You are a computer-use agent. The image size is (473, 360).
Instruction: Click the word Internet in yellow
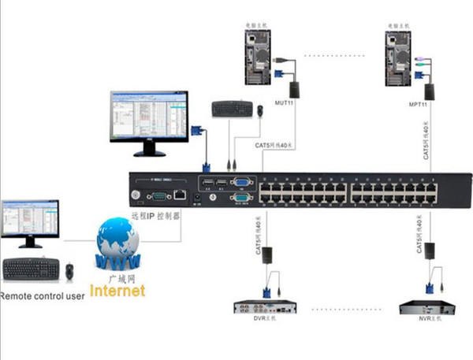pos(117,291)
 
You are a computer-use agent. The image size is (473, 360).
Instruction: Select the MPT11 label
pos(418,103)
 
